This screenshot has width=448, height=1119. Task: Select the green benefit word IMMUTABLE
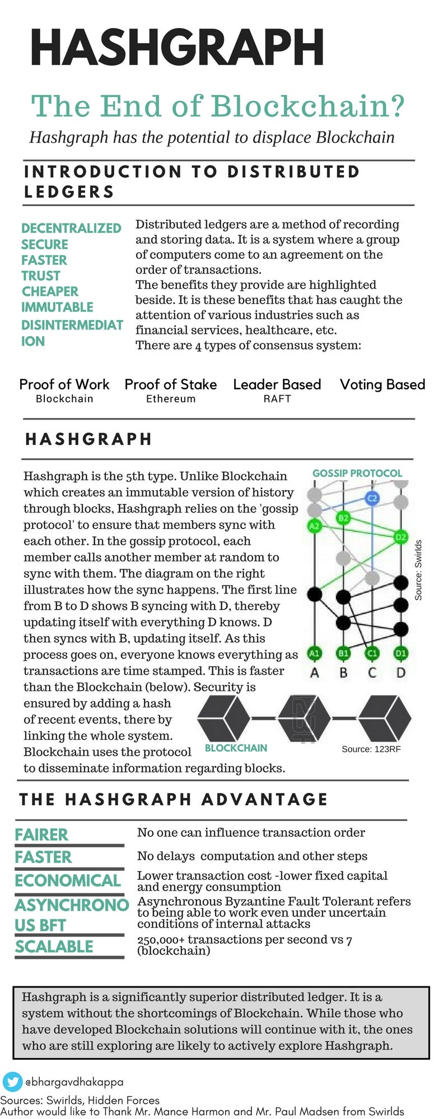(57, 307)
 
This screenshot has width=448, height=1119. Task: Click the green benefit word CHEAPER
(50, 291)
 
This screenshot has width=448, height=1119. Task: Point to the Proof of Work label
(64, 384)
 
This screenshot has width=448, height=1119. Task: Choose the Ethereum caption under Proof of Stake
(171, 399)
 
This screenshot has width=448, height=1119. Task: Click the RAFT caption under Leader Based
(277, 399)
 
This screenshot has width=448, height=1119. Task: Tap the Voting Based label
(382, 384)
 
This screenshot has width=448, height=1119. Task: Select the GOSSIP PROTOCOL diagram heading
(357, 473)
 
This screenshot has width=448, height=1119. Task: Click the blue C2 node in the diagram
(372, 499)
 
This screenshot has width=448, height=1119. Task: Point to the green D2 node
(401, 537)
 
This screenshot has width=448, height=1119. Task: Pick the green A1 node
(315, 653)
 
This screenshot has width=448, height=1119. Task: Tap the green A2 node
(315, 526)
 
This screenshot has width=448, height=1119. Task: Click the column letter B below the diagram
(343, 673)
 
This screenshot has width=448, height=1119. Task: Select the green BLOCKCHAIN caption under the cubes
(236, 748)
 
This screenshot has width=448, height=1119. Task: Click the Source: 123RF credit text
(371, 749)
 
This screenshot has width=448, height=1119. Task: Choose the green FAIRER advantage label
(41, 835)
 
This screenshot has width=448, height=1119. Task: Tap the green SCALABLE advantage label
(54, 947)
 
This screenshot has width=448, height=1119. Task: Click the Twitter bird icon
(12, 1082)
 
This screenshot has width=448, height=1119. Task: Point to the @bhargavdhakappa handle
(74, 1082)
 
